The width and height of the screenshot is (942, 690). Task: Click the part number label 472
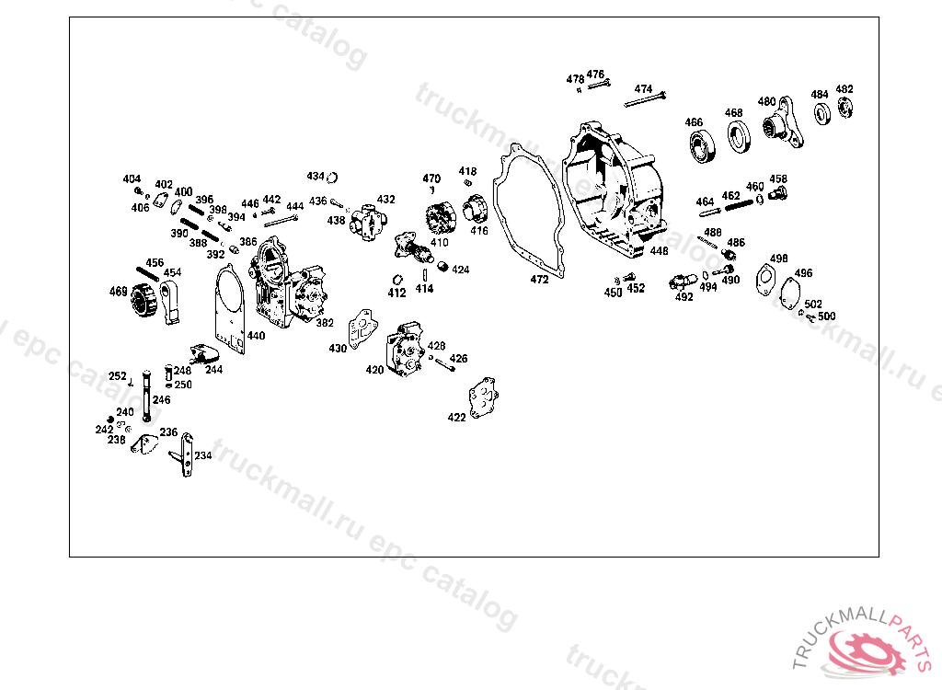pos(539,279)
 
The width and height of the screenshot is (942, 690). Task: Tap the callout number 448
pos(659,250)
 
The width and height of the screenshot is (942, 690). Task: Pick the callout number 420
pos(374,370)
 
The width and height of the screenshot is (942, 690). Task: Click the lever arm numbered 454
pos(171,303)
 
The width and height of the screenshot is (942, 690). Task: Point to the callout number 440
pos(256,336)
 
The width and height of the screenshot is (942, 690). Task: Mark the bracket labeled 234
pos(186,454)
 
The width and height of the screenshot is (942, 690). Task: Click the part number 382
pos(325,323)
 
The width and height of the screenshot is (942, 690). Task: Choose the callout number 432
pos(385,200)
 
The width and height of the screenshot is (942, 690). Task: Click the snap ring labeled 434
pos(336,178)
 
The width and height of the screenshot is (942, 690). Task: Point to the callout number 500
pos(826,316)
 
